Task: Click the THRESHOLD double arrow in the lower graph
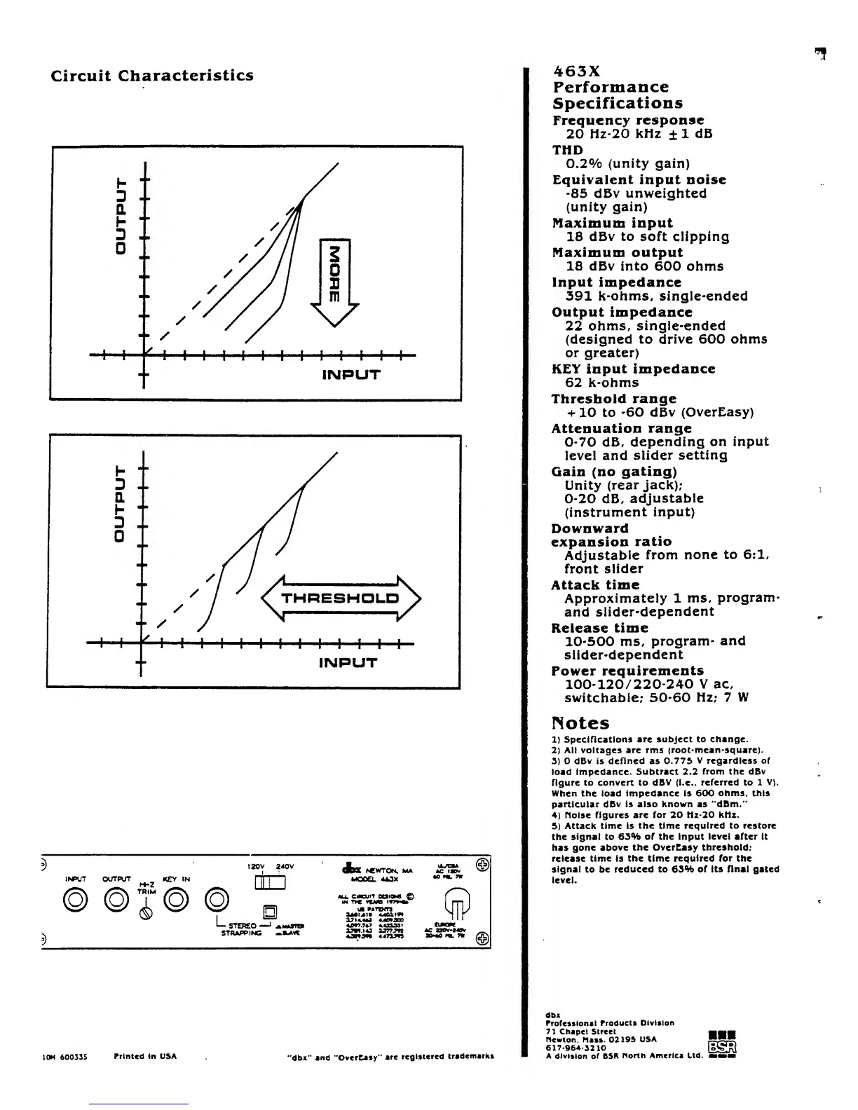point(341,598)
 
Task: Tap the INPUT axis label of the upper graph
point(350,375)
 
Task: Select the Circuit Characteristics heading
point(152,76)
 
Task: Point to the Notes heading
point(580,723)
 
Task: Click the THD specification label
point(567,150)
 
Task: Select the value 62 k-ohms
point(601,383)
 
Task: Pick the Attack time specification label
point(595,585)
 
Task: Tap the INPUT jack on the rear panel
point(75,899)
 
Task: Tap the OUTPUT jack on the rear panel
point(116,899)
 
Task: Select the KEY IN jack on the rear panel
point(179,899)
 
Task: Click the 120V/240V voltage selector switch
point(270,884)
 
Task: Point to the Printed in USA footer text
point(145,1056)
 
